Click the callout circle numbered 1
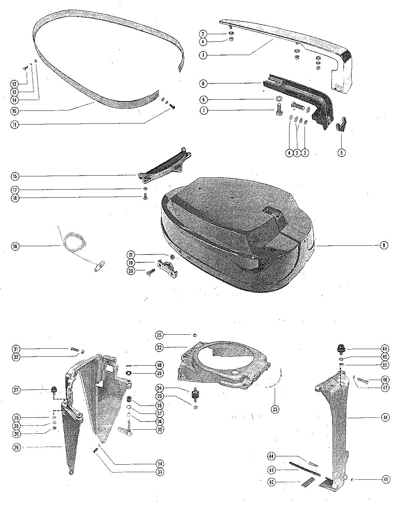pyautogui.click(x=204, y=55)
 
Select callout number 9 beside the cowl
pyautogui.click(x=384, y=245)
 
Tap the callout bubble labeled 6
pyautogui.click(x=204, y=83)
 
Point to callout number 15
pyautogui.click(x=15, y=176)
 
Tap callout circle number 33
pyautogui.click(x=159, y=472)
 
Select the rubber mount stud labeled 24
pyautogui.click(x=195, y=394)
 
